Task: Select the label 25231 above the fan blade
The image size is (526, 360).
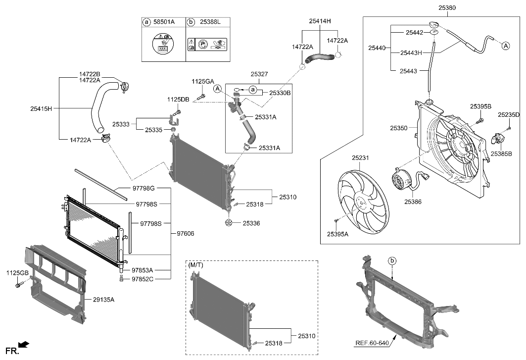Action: click(361, 158)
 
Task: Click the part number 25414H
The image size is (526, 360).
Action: click(320, 21)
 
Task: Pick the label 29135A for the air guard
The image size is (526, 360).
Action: click(103, 299)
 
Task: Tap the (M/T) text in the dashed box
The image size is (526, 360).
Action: click(196, 265)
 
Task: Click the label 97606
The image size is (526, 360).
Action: click(185, 233)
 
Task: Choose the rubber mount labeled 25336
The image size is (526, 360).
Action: click(229, 223)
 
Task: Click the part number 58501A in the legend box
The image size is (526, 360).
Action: click(164, 22)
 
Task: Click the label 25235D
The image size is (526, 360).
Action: click(509, 115)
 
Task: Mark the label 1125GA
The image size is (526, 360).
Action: click(203, 81)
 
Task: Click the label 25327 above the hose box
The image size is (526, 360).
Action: click(259, 74)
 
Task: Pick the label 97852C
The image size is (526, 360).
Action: click(143, 280)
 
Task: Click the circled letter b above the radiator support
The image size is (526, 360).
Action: click(391, 260)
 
